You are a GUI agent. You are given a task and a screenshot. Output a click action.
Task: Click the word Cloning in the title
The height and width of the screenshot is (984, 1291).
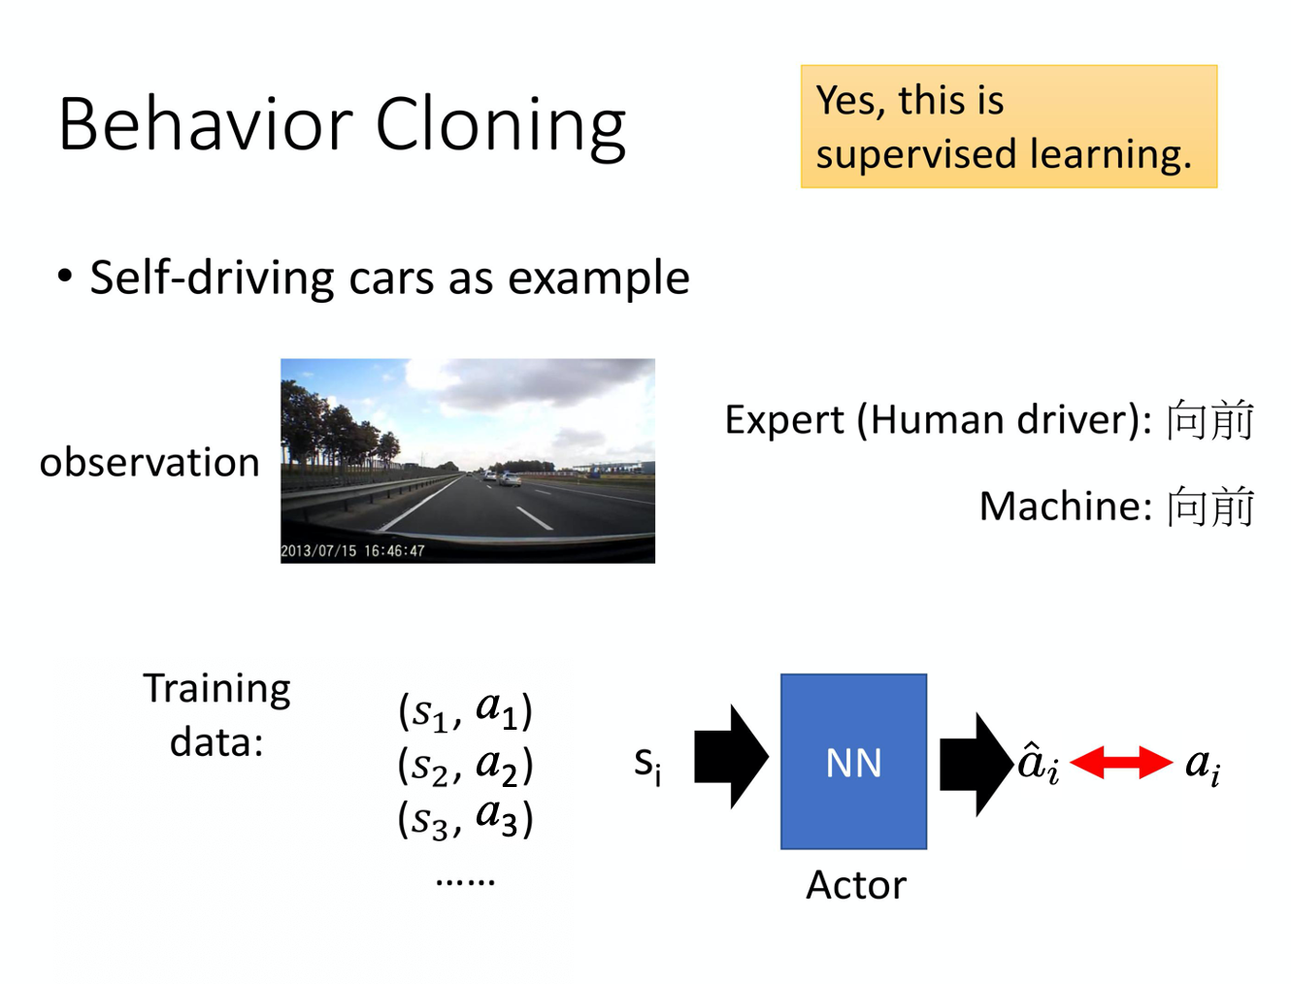point(500,126)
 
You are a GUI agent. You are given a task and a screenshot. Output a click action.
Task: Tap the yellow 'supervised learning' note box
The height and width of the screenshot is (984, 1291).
point(1008,127)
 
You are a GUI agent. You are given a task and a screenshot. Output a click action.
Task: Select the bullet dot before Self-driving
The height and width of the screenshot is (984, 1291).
point(65,277)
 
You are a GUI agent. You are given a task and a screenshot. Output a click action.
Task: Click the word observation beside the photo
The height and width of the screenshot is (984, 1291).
point(149,463)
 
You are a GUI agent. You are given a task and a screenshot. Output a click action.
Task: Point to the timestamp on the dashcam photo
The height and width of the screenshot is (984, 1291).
point(352,551)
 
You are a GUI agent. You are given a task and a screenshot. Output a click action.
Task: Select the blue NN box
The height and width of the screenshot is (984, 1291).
point(853,762)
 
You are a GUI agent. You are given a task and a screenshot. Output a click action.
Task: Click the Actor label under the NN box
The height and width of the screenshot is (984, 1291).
point(855,885)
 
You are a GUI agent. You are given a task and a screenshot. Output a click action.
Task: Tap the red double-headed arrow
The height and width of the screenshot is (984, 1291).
point(1120,763)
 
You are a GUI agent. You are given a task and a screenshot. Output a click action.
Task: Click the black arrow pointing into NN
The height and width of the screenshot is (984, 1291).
point(731,758)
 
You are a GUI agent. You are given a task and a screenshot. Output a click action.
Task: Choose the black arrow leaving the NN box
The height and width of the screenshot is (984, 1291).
point(977,763)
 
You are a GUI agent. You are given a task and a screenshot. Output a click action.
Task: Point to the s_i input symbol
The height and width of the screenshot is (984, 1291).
point(647,764)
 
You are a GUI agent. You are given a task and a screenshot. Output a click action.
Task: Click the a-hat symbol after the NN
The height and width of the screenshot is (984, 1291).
point(1037,762)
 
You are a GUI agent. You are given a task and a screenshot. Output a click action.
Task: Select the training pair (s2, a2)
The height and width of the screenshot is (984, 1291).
point(465,766)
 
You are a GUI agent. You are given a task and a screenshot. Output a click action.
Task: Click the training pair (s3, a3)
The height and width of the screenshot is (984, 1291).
point(465,818)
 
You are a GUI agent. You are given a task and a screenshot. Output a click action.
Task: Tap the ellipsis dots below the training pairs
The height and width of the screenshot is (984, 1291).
point(465,881)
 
